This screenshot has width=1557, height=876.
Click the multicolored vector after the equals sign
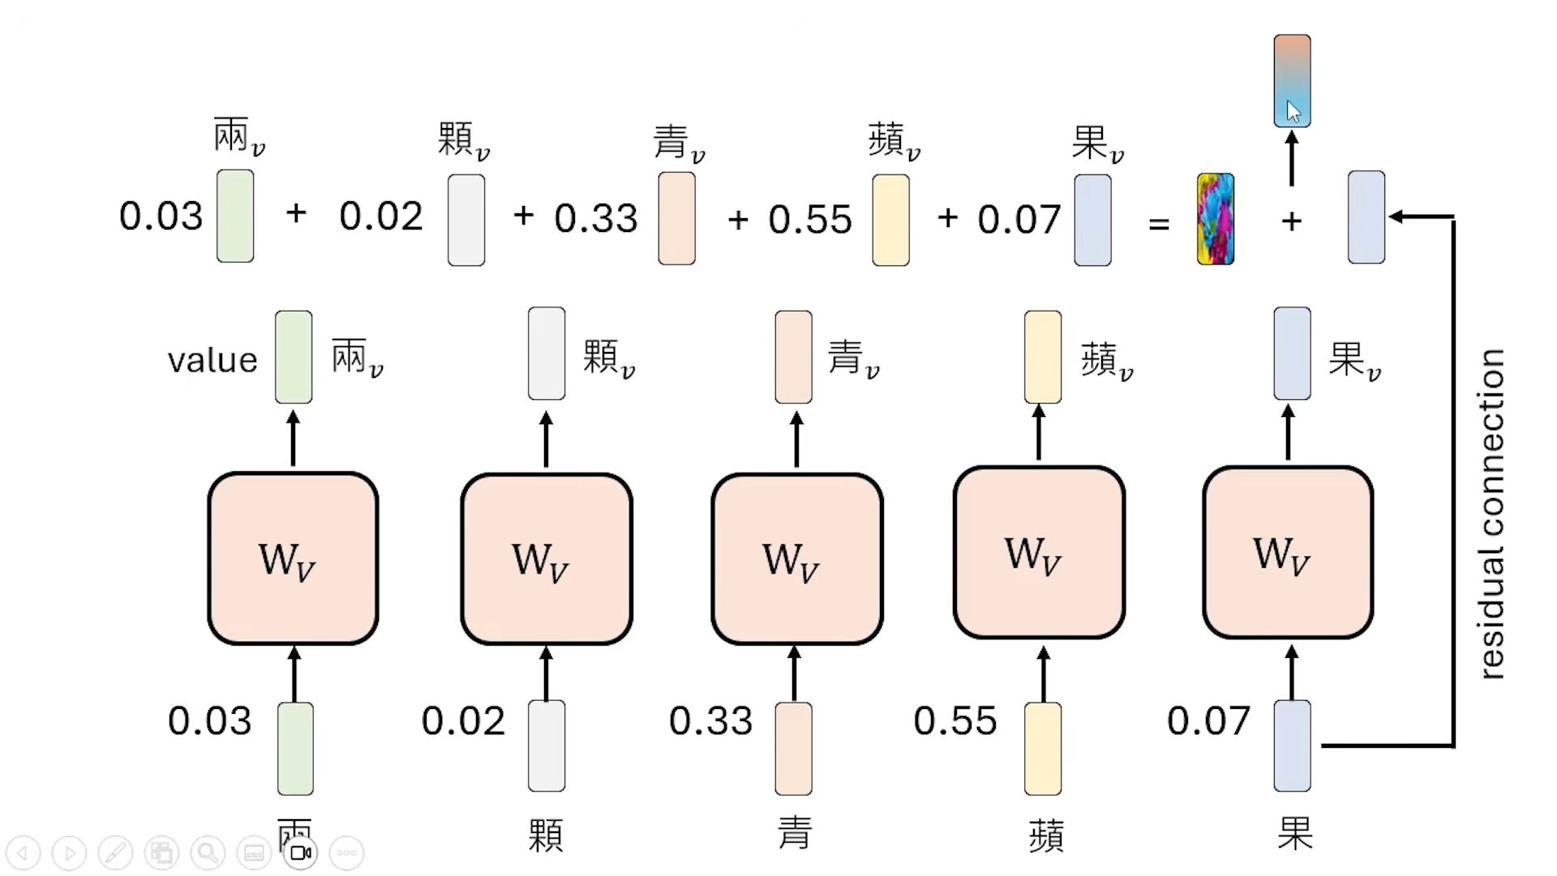point(1216,219)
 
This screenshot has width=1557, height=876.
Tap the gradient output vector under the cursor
point(1292,80)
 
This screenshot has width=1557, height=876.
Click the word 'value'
point(212,360)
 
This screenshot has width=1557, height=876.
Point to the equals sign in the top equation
point(1159,223)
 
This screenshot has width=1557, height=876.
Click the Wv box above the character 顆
point(546,559)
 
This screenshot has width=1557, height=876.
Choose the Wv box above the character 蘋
point(1039,552)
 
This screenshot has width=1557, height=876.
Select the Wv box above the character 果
point(1288,552)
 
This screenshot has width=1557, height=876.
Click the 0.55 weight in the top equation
point(810,219)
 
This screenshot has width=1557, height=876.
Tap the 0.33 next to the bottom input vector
point(710,721)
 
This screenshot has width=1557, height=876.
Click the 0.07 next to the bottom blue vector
point(1208,721)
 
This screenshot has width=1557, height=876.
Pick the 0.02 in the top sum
point(381,217)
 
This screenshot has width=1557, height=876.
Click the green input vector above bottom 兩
point(295,748)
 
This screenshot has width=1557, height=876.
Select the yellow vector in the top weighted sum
point(890,220)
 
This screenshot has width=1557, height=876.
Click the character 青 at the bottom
point(794,834)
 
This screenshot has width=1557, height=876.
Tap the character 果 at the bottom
point(1294,834)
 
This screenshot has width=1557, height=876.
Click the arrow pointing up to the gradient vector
point(1292,158)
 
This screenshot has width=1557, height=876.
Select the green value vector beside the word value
point(294,357)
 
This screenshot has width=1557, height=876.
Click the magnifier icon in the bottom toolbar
point(208,852)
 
